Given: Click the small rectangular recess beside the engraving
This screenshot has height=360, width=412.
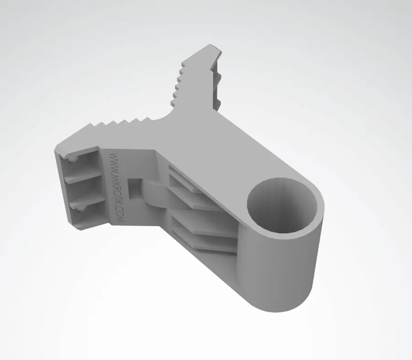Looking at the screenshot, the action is pos(135,188).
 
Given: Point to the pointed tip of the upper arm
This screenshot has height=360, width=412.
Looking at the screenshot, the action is pos(210,45).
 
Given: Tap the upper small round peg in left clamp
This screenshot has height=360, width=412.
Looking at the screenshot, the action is pos(72,159).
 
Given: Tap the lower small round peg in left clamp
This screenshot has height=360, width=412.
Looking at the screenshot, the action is pos(80,209).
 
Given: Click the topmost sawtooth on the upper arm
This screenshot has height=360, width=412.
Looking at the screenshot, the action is pos(184,64).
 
